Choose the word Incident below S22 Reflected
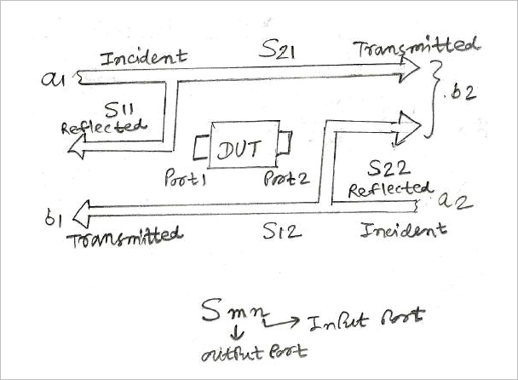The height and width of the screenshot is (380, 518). tap(403, 229)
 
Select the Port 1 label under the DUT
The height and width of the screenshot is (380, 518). tap(187, 181)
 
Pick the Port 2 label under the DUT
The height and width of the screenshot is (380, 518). tap(285, 180)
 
